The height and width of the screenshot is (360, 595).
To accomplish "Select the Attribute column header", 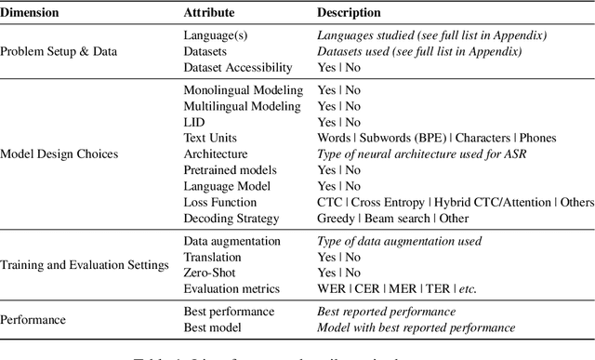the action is pos(209,14).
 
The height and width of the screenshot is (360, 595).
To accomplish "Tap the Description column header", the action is pos(349,14).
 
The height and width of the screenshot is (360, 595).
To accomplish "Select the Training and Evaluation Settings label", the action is pos(85,265).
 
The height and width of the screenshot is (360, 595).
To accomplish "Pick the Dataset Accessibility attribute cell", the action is pos(237,67).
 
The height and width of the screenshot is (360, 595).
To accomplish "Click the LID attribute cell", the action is pos(193,122).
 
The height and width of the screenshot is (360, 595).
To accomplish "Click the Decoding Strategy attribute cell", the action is pos(230,218).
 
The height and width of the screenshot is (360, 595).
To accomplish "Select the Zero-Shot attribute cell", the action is pos(208,273).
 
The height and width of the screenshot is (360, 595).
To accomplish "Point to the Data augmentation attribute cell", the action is pos(232,240).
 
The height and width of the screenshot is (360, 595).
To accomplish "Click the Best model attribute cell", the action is pos(214,328).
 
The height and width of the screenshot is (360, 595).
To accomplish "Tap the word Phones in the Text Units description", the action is pos(536,138).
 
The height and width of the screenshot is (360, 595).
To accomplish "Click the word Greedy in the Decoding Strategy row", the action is pos(336,218).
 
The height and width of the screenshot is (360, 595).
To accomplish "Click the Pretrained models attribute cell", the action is pos(231,170).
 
